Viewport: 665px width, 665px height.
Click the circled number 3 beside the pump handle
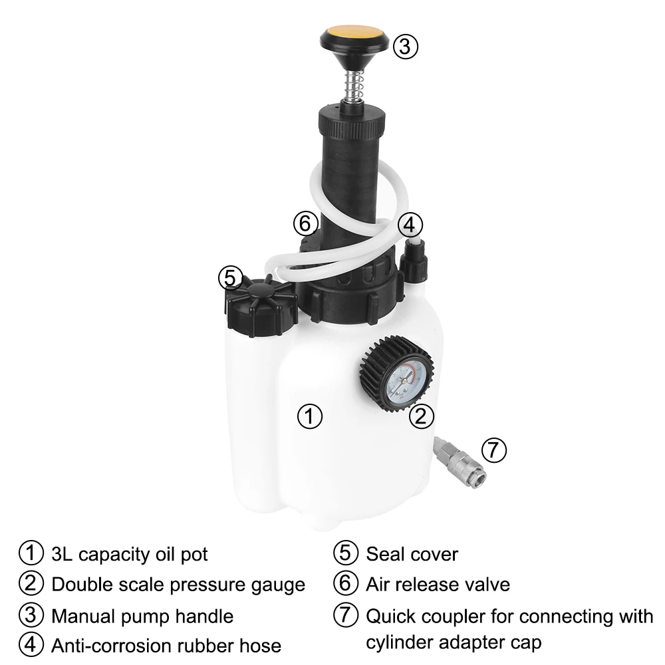405,47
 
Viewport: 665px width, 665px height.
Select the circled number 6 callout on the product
305,224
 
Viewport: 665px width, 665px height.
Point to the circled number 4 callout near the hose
410,225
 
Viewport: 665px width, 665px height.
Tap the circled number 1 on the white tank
309,417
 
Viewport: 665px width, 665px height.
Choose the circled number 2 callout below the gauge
420,416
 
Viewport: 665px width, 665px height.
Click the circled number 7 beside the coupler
493,450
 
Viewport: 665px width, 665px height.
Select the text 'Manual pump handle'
142,616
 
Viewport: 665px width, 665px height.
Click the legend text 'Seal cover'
412,554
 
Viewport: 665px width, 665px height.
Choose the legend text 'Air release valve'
438,585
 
